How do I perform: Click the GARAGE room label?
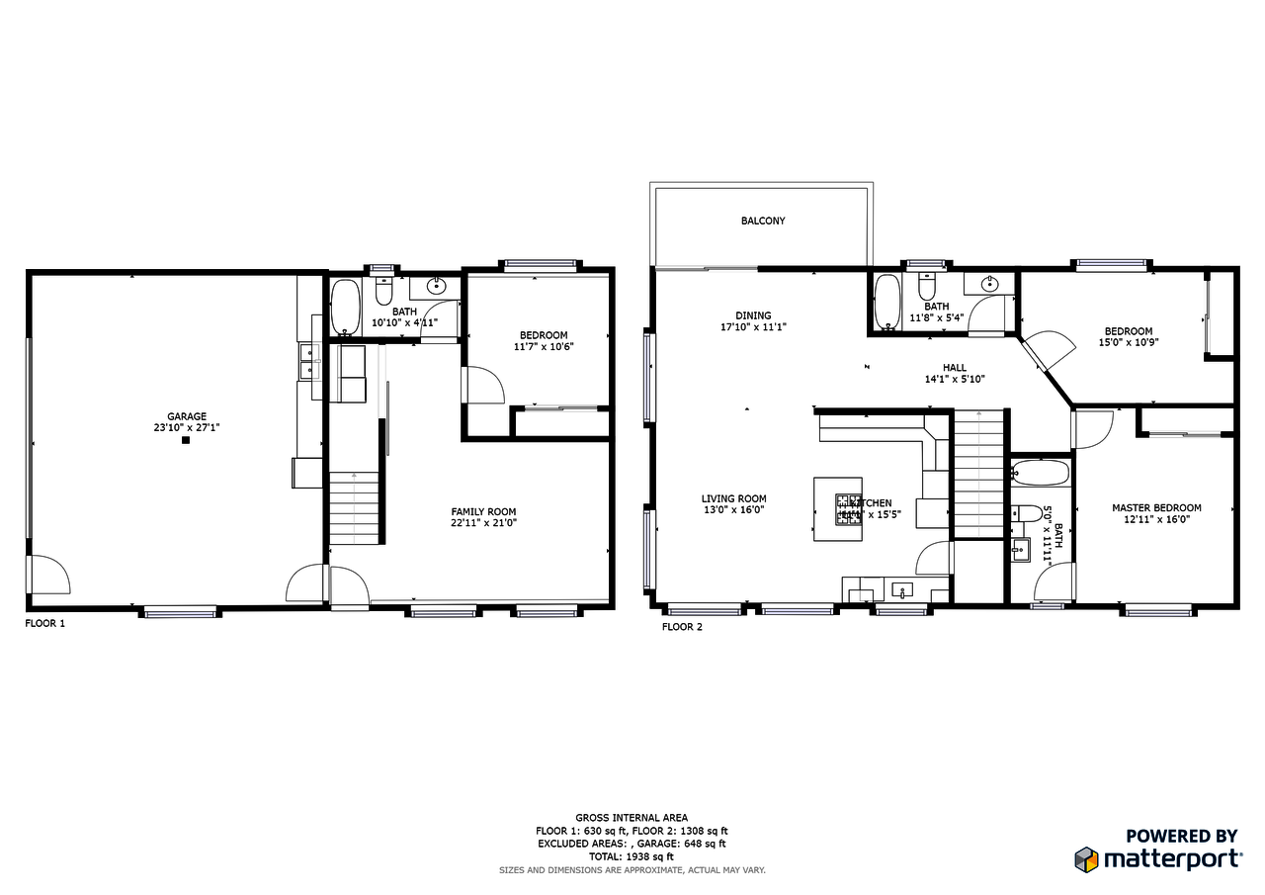click(x=186, y=416)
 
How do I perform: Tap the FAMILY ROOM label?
click(x=483, y=511)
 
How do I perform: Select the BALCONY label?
click(x=763, y=221)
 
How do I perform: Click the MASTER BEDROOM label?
click(x=1156, y=507)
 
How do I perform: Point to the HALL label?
click(x=954, y=367)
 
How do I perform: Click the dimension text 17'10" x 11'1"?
click(x=753, y=326)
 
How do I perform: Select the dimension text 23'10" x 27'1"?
click(x=186, y=428)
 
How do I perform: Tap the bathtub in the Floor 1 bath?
click(x=345, y=308)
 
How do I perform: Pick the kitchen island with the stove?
click(x=837, y=509)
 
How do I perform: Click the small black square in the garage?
click(x=185, y=441)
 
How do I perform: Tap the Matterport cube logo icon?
click(x=1086, y=858)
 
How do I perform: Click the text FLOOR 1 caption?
click(x=44, y=624)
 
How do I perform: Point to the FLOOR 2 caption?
click(x=682, y=626)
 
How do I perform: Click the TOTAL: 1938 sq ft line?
click(x=632, y=856)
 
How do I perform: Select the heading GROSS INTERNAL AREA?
click(x=632, y=818)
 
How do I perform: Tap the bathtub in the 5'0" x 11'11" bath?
click(x=1041, y=473)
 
